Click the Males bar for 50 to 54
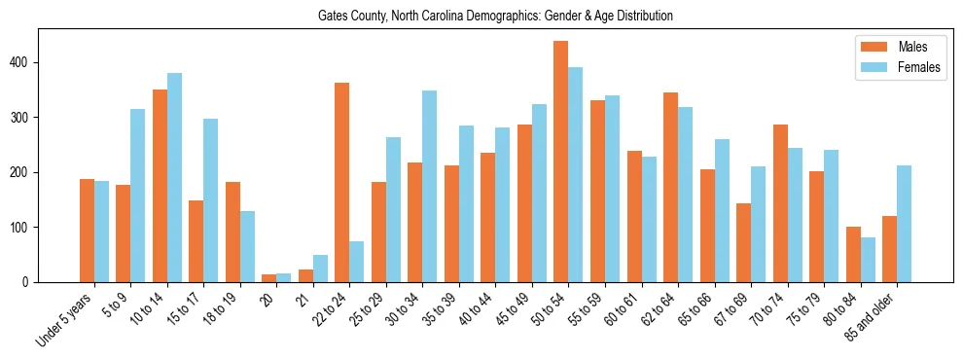[561, 162]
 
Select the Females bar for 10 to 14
[174, 178]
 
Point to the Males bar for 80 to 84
[853, 255]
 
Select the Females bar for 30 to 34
[430, 186]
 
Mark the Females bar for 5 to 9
[138, 196]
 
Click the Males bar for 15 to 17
[196, 241]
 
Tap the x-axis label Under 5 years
[66, 317]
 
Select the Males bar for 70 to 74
[780, 203]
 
